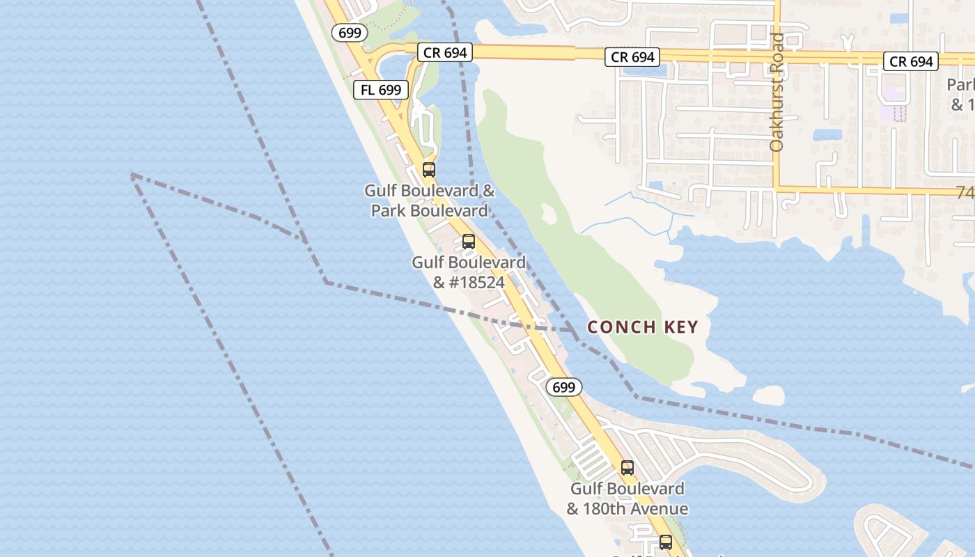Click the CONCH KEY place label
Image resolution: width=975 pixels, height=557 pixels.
(x=642, y=327)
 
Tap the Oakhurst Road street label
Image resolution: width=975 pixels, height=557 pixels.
(x=777, y=93)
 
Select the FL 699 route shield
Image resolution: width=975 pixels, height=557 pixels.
(x=380, y=90)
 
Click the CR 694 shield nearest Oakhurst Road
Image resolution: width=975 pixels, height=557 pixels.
(x=632, y=57)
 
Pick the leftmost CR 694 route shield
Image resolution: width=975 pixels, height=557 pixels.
(x=445, y=52)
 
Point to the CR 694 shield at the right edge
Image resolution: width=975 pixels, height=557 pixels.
(x=911, y=61)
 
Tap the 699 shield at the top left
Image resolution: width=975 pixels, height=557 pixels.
(x=350, y=32)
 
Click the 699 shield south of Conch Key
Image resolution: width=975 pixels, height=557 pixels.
(x=563, y=387)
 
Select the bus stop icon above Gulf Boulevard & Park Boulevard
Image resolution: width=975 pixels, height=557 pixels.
(x=429, y=169)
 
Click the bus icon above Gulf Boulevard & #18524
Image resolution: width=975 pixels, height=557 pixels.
(x=469, y=242)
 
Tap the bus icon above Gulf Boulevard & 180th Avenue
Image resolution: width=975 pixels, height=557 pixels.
(x=627, y=468)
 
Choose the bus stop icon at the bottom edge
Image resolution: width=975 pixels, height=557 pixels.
(x=666, y=542)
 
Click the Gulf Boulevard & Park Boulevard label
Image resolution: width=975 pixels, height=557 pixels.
(x=430, y=201)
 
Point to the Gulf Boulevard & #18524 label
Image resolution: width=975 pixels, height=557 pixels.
(x=469, y=272)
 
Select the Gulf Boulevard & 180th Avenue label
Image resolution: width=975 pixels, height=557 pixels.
(x=627, y=499)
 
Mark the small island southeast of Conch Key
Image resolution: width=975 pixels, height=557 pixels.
(x=768, y=395)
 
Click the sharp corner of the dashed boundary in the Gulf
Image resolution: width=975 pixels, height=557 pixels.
(x=132, y=175)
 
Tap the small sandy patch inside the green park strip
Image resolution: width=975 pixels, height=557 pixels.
(x=549, y=214)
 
